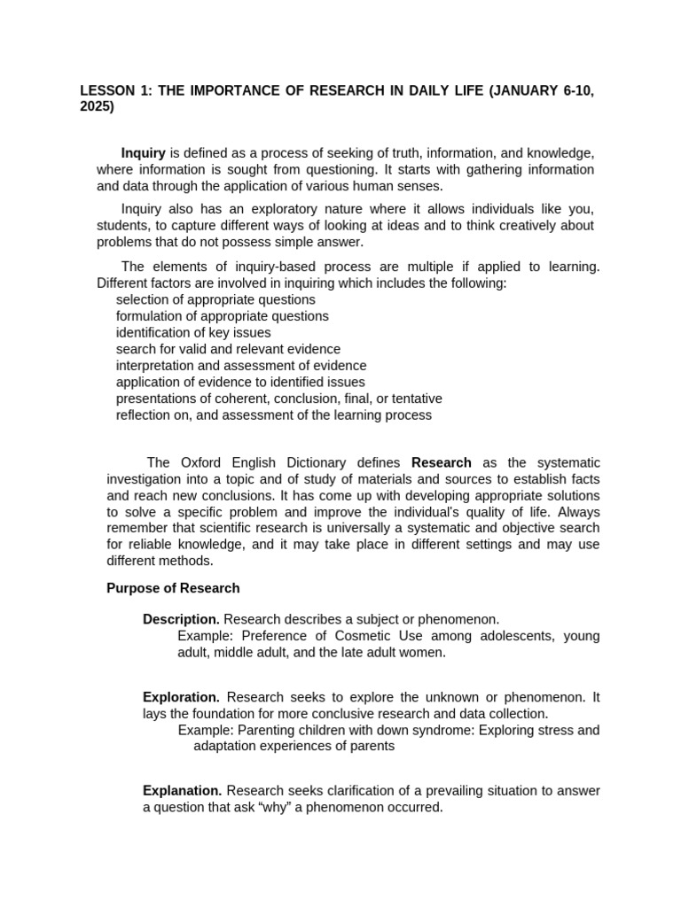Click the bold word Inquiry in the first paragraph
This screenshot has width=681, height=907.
pos(143,153)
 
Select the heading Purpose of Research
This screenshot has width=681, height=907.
pos(173,588)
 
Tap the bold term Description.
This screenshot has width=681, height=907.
pos(181,619)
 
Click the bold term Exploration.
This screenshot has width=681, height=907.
pos(181,698)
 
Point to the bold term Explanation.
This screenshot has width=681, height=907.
pos(182,791)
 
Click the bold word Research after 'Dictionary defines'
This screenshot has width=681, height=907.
pos(442,462)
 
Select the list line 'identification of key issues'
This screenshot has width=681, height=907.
pos(193,333)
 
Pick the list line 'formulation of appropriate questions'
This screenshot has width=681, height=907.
pos(222,316)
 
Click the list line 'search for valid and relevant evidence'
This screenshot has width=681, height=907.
pos(228,349)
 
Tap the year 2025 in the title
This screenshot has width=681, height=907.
pos(97,107)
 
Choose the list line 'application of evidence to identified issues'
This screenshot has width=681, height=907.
pos(240,382)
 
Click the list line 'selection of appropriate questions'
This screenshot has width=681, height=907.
pos(215,299)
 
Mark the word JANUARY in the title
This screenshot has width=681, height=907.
pos(526,91)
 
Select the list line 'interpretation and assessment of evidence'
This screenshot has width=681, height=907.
pos(241,366)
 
